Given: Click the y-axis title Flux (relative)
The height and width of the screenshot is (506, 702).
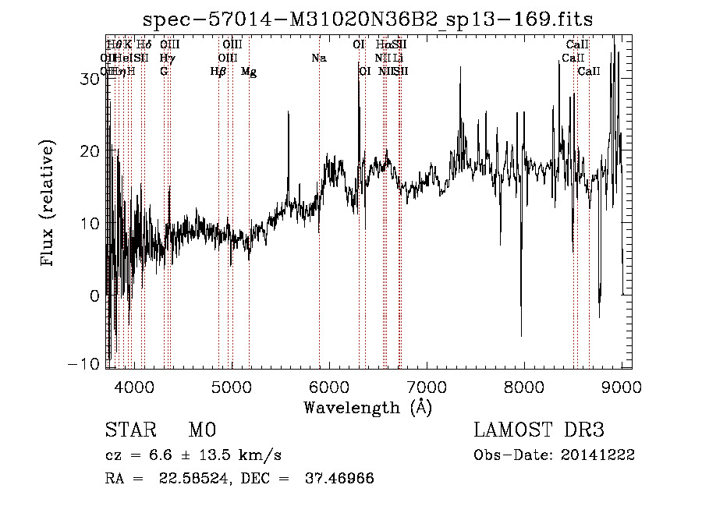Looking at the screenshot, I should point(48,203).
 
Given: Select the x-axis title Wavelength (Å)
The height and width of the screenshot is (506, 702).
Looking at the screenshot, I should point(367,407).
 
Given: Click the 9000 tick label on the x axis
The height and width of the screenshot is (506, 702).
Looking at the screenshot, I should point(622,386).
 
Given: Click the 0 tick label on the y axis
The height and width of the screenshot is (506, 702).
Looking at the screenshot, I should point(94,295).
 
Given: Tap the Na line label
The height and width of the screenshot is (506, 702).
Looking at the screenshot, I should point(318,58).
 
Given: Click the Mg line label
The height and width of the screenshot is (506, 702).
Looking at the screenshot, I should point(248,72).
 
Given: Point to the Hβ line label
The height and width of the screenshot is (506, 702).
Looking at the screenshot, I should point(219,72).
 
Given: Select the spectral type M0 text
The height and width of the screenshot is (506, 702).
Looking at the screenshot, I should point(201,430).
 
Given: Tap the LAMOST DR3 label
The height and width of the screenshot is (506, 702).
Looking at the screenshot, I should point(538,430).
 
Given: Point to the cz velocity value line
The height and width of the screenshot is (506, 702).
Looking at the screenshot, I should point(193,455).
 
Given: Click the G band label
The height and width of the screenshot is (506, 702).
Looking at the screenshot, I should point(164,72).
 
